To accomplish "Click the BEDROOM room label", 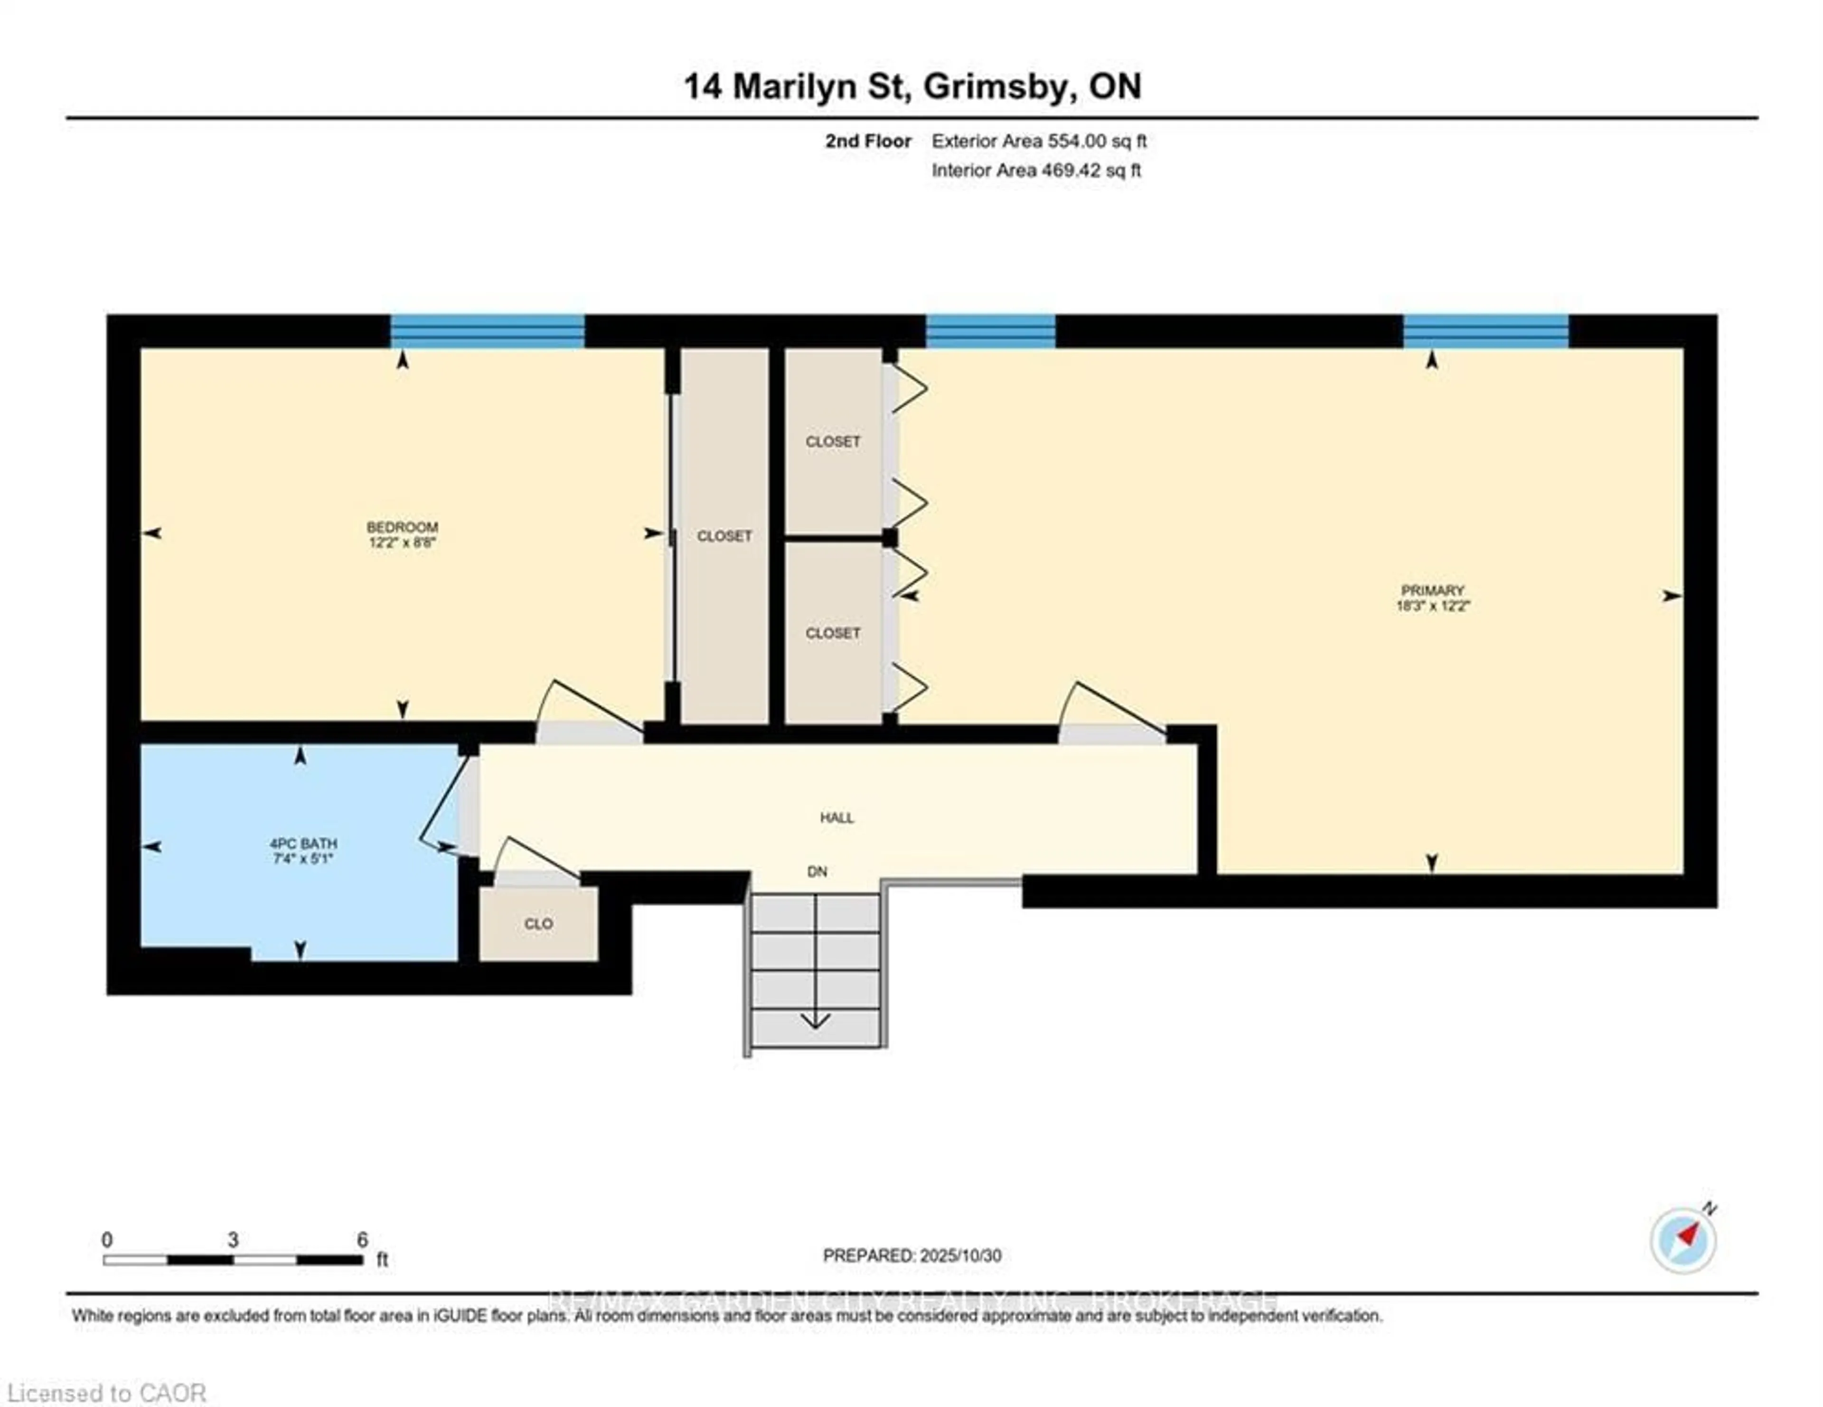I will click(x=402, y=526).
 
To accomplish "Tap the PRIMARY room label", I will click(x=1432, y=590).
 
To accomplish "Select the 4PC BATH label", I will click(x=303, y=844).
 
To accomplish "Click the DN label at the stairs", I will click(x=817, y=871).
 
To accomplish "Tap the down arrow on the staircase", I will click(x=815, y=1020).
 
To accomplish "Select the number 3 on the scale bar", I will click(x=233, y=1240).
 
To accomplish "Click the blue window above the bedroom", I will click(x=488, y=331).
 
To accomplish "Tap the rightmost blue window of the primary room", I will click(x=1485, y=331).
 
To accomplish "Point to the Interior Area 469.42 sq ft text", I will click(x=1036, y=170).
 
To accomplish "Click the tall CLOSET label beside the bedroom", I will click(x=724, y=536).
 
